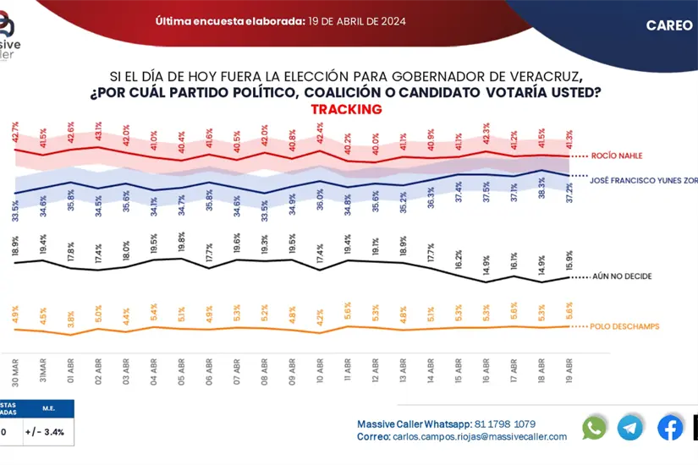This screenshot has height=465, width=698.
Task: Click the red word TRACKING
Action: point(346,109)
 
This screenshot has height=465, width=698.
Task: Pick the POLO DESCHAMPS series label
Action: point(624,326)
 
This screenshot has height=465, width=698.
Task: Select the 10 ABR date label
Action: point(320,370)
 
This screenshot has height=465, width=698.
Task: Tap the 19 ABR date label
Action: point(569,370)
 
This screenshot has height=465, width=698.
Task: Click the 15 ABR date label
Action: point(458,370)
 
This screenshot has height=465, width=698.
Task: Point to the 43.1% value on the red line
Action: point(99,131)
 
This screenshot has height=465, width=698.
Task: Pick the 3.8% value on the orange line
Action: point(71,320)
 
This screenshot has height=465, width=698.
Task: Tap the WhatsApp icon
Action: point(594,428)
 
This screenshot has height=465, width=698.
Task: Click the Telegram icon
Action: point(630,428)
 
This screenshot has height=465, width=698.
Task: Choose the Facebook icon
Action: point(670,428)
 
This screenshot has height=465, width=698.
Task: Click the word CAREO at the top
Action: point(669,25)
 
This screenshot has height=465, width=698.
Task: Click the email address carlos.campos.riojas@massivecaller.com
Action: point(480,437)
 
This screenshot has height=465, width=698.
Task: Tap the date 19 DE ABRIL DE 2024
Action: point(359,22)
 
